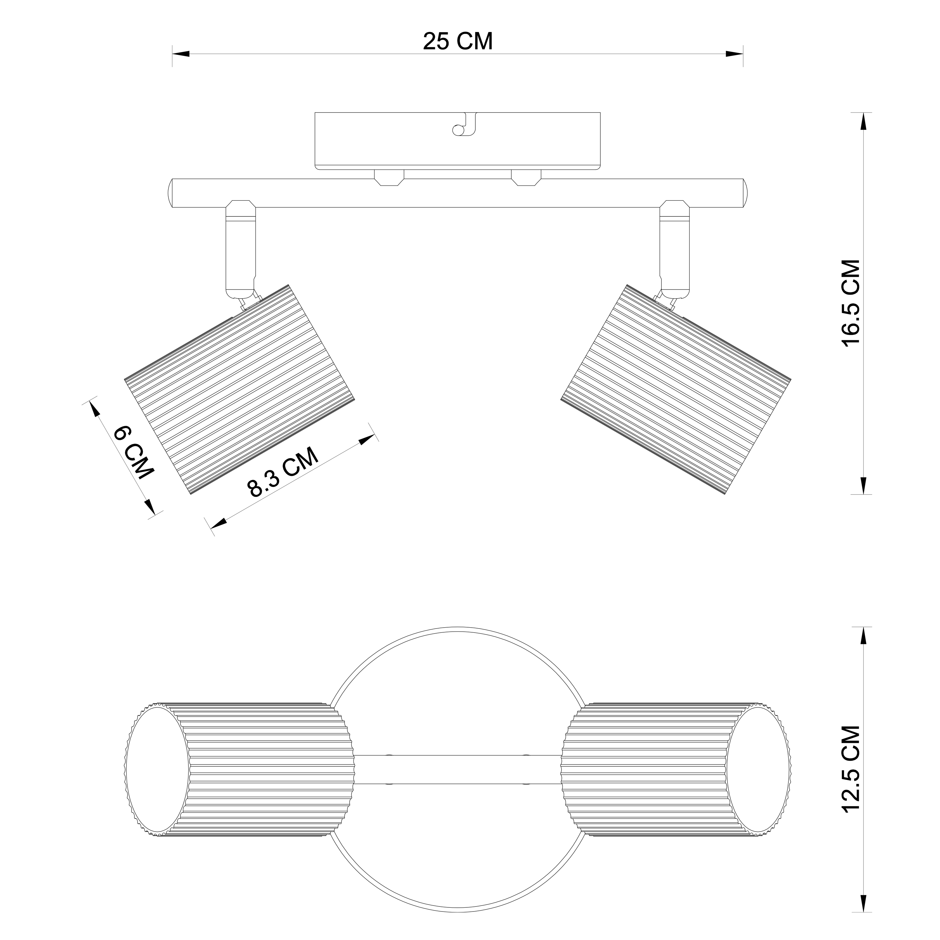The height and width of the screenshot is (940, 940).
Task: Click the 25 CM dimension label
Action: (458, 41)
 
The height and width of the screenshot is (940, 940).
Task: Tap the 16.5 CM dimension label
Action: (851, 303)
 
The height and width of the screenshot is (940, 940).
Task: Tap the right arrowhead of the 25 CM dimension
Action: (734, 54)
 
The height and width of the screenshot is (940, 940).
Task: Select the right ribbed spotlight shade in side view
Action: (676, 390)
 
